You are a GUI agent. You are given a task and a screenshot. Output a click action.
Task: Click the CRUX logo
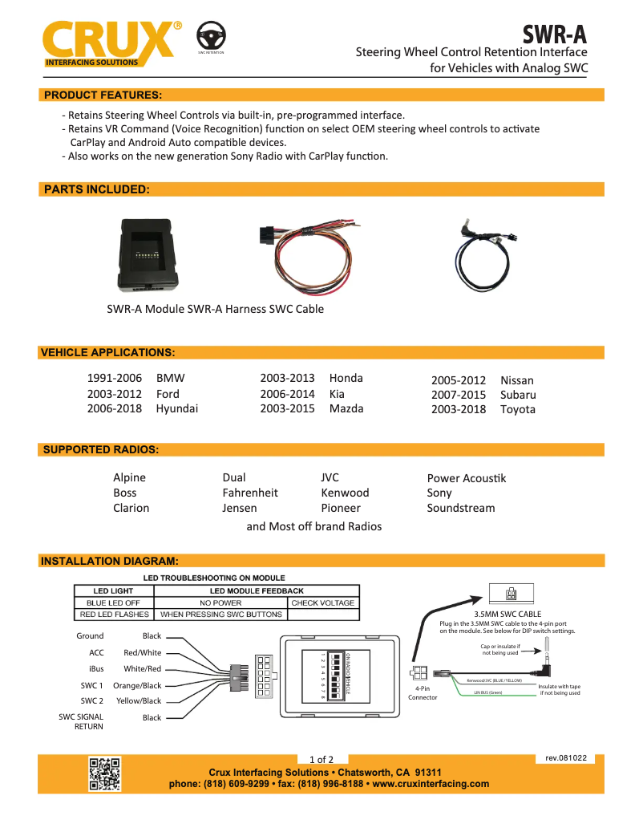click(x=108, y=40)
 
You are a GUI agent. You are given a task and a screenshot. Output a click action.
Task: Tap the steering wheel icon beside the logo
click(x=211, y=35)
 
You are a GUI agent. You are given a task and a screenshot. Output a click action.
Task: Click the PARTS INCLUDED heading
click(x=96, y=189)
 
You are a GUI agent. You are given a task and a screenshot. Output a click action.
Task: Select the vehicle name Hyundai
click(x=176, y=408)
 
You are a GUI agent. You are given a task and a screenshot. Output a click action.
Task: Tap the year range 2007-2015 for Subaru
click(x=459, y=395)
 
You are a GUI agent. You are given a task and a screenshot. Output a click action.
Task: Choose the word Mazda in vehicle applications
click(x=346, y=408)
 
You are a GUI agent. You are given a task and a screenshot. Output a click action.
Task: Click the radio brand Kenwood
click(x=345, y=493)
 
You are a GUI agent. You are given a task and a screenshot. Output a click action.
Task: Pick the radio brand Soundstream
click(x=461, y=508)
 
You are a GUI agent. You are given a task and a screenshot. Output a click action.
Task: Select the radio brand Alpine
click(x=130, y=477)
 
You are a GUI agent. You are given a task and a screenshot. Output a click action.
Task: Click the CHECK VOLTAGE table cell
click(x=322, y=603)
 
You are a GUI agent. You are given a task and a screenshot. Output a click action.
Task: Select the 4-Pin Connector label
click(x=423, y=692)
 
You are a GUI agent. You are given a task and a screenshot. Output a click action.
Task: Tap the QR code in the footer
click(x=104, y=773)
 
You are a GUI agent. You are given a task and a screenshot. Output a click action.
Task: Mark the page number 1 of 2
click(x=321, y=759)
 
